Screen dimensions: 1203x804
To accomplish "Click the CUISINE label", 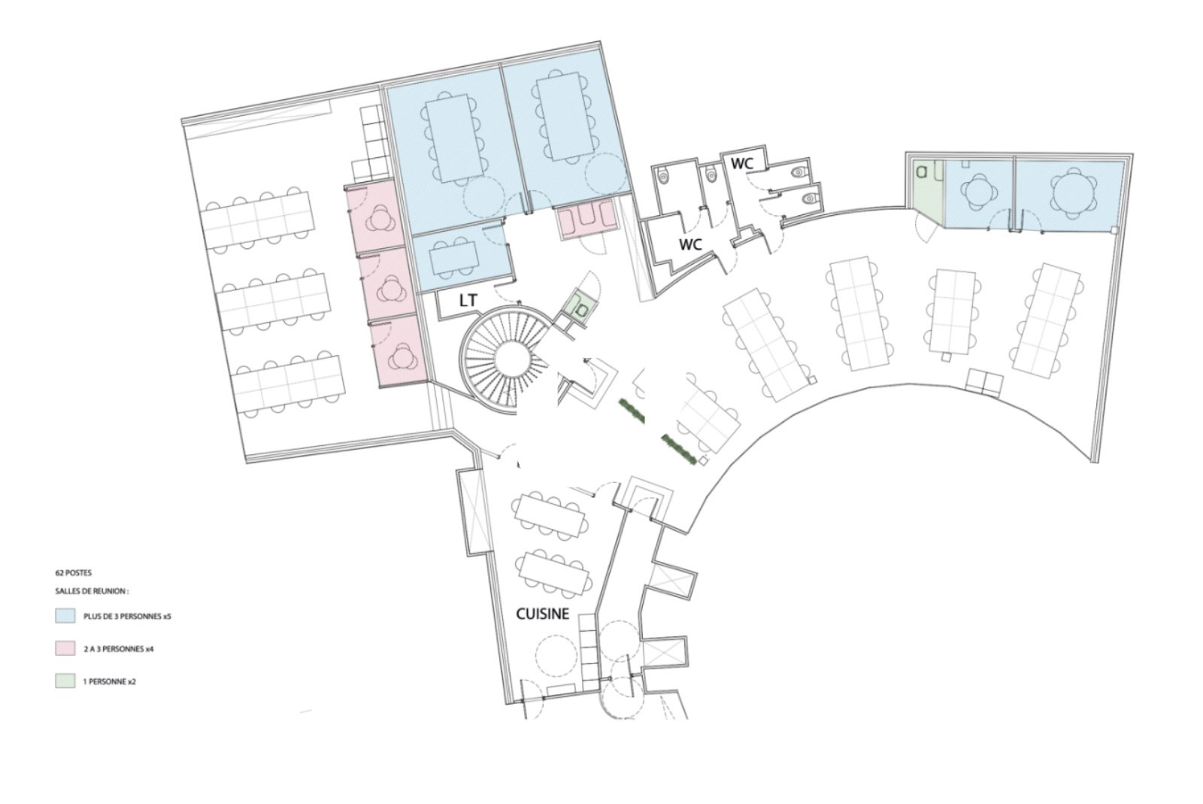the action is pyautogui.click(x=542, y=613).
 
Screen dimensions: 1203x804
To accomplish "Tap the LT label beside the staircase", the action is pyautogui.click(x=468, y=301).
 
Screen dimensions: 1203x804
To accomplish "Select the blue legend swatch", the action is pyautogui.click(x=65, y=616).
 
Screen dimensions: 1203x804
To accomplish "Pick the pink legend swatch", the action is pyautogui.click(x=65, y=648).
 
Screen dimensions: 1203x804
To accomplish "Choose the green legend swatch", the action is pyautogui.click(x=65, y=681).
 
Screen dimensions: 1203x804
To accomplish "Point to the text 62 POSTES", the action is pyautogui.click(x=74, y=573).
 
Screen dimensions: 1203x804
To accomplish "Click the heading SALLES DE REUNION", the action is pyautogui.click(x=92, y=591).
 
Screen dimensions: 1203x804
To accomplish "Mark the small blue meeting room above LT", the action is pyautogui.click(x=462, y=258).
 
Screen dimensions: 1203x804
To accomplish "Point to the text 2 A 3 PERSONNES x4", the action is pyautogui.click(x=119, y=649).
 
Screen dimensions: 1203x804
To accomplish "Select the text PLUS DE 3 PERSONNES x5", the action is pyautogui.click(x=127, y=617).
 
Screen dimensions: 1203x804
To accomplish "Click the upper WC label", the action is pyautogui.click(x=741, y=164).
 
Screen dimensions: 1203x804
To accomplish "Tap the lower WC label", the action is pyautogui.click(x=691, y=244).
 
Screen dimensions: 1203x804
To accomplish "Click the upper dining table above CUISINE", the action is pyautogui.click(x=550, y=516).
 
